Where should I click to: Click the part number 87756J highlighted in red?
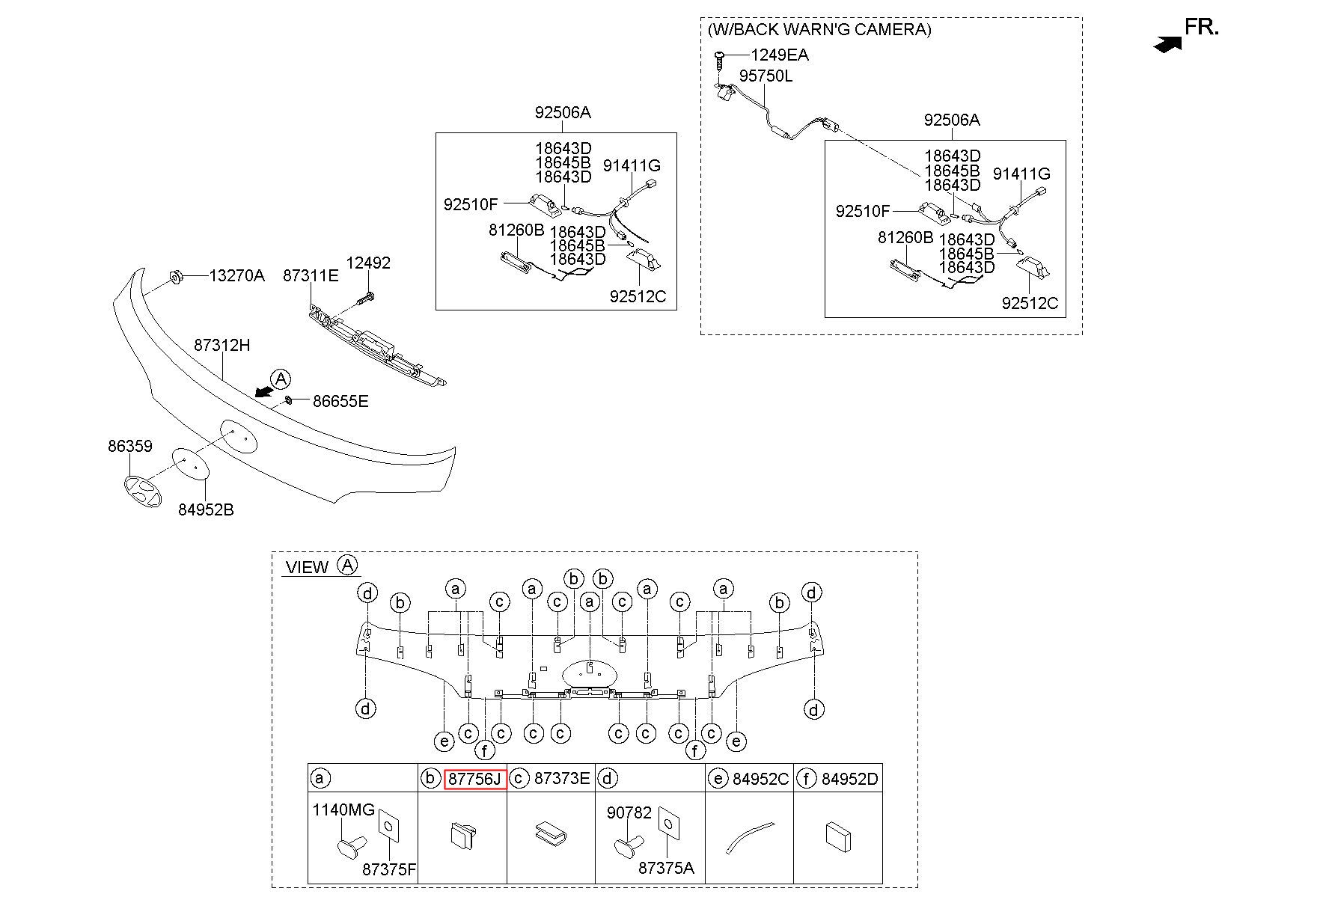[x=476, y=779]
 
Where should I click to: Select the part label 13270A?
[x=236, y=276]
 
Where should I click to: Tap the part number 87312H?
[x=222, y=346]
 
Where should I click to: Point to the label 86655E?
[x=340, y=402]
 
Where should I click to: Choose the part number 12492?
[x=368, y=263]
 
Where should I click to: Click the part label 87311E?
[x=311, y=276]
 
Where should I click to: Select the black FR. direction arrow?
[x=1168, y=45]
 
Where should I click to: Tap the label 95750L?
[x=766, y=76]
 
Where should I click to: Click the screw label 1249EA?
[x=780, y=55]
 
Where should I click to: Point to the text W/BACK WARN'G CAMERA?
[x=819, y=29]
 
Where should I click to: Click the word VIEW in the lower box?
[x=307, y=567]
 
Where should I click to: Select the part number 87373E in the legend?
[x=562, y=779]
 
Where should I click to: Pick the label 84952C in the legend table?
[x=760, y=779]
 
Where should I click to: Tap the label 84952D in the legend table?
[x=850, y=779]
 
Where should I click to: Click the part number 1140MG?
[x=343, y=809]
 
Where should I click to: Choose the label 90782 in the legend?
[x=629, y=812]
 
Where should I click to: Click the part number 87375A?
[x=666, y=868]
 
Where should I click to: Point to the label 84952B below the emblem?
[x=206, y=509]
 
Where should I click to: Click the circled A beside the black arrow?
[x=281, y=379]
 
